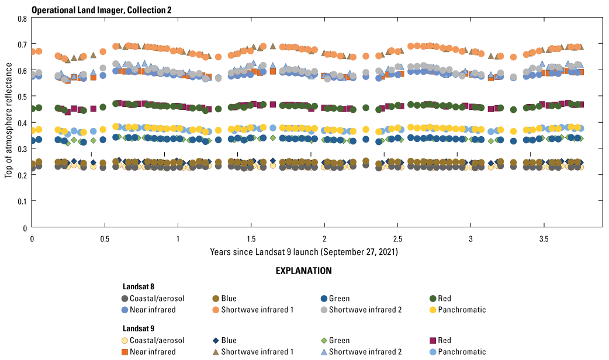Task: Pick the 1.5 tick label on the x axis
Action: pos(251,240)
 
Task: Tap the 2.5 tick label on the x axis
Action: pos(397,240)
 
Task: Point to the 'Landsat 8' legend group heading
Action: pos(139,287)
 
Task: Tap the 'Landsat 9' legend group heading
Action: pos(139,329)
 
